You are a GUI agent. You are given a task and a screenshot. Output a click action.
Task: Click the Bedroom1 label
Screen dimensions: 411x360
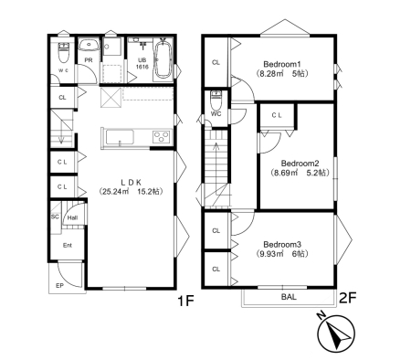[x=282, y=64]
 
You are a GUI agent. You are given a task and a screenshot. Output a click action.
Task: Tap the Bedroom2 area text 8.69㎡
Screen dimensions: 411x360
[x=286, y=173]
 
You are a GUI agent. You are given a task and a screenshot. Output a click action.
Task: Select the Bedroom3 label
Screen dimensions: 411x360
[x=282, y=245]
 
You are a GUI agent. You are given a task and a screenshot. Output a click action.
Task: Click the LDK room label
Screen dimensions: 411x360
[x=132, y=183]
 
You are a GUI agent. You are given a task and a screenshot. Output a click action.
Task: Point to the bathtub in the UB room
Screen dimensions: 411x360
[x=164, y=59]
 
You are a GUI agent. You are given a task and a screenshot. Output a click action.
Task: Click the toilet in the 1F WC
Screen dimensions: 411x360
[x=64, y=52]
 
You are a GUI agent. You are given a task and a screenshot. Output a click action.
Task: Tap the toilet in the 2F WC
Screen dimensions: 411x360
[x=216, y=101]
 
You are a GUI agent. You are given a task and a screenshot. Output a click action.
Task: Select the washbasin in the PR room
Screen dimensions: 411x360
[x=89, y=45]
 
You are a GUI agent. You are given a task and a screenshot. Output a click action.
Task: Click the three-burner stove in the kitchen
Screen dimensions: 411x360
[x=161, y=137]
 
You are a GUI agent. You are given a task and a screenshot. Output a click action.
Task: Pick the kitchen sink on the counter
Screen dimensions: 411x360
[x=120, y=138]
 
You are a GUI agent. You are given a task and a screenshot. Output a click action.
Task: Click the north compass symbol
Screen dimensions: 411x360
[x=336, y=333]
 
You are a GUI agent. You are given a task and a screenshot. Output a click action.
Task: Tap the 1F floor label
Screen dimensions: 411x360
[x=185, y=302]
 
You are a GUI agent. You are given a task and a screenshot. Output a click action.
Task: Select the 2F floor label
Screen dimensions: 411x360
[x=347, y=298]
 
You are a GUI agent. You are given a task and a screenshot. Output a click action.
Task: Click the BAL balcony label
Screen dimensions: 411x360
[x=289, y=297]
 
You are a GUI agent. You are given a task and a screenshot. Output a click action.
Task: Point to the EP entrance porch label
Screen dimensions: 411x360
[x=59, y=286]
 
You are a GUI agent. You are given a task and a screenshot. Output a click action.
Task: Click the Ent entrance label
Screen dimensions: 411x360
[x=68, y=245]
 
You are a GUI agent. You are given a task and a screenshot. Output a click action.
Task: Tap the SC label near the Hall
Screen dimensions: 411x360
[x=55, y=217]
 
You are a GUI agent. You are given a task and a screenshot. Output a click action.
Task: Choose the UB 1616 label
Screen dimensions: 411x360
[x=142, y=64]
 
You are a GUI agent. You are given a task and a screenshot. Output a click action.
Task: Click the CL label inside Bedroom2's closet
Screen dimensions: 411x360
[x=277, y=115]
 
